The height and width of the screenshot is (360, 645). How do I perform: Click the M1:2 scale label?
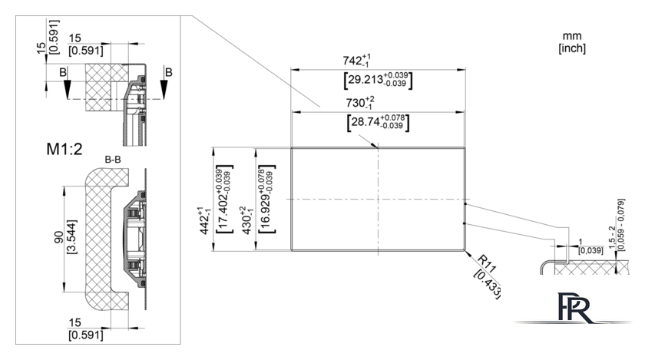pos(64,148)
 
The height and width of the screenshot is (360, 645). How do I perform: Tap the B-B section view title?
pos(113,160)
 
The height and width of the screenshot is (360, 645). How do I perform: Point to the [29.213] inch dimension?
pos(378,80)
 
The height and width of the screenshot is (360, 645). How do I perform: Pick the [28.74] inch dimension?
pos(379,123)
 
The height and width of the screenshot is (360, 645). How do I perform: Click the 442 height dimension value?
pos(205,221)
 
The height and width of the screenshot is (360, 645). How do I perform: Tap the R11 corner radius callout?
pos(488,264)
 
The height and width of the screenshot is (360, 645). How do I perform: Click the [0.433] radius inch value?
pos(488,285)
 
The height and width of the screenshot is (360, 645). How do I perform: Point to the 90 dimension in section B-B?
pos(59,236)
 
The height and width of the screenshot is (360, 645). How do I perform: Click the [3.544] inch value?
pos(71,237)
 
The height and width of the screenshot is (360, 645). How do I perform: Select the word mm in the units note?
pos(572,36)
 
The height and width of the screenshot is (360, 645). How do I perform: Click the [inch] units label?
pos(572,48)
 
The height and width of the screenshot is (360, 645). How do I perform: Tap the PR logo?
pos(574,307)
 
